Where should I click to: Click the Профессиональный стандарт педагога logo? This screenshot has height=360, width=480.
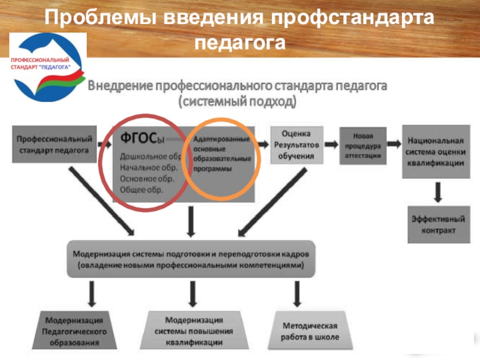coord(48,67)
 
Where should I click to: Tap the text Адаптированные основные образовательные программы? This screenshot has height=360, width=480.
coord(221,154)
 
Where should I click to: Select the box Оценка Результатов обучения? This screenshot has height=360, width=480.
coord(297,144)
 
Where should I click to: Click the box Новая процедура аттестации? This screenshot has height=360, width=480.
coord(362,145)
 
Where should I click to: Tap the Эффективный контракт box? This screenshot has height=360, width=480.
coord(437,224)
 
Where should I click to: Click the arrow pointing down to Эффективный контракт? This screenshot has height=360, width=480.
coord(438,191)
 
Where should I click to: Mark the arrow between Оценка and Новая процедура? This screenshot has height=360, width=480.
coord(331,145)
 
